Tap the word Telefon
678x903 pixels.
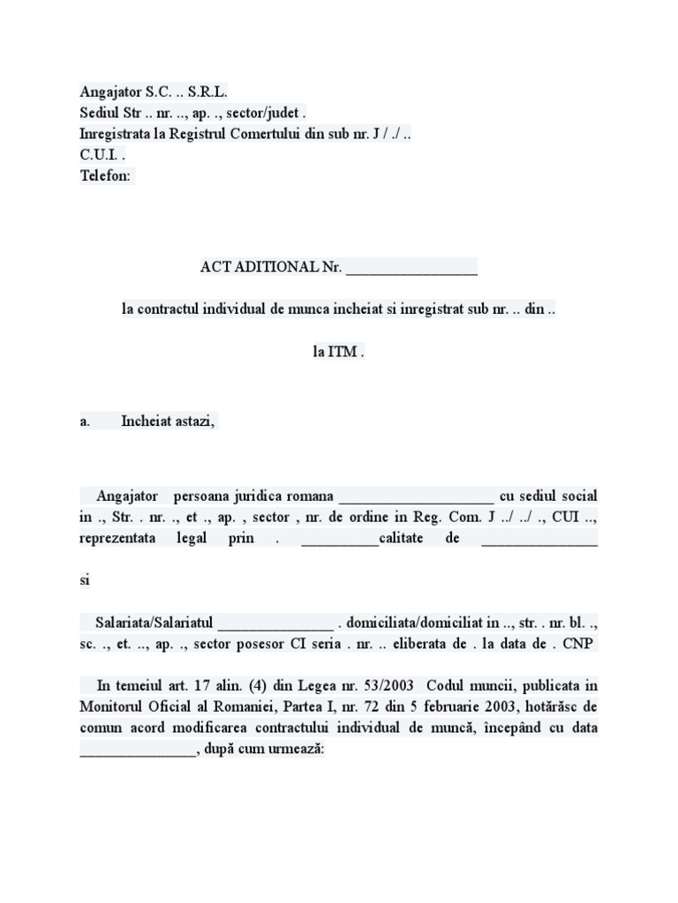click(105, 175)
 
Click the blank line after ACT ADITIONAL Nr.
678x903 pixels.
click(411, 267)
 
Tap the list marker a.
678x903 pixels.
click(85, 422)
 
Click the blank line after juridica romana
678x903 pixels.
click(416, 496)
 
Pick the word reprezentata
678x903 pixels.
click(117, 539)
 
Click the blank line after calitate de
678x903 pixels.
click(539, 541)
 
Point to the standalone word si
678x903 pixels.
click(85, 581)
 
